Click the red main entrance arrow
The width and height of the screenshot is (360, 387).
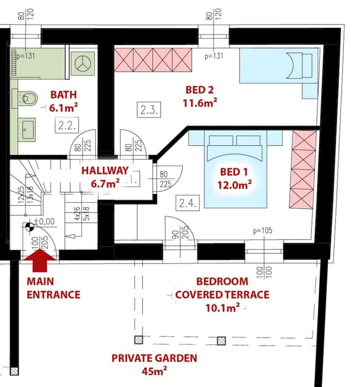[39, 261]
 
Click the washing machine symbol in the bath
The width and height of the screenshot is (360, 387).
[83, 63]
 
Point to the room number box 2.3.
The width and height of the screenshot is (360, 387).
[149, 110]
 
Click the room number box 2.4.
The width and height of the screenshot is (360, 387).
[188, 203]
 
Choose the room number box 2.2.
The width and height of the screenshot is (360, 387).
[67, 126]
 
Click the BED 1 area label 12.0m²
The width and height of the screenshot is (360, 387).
[235, 185]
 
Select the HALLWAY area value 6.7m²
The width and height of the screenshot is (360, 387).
[105, 183]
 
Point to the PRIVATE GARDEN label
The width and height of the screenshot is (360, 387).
[154, 358]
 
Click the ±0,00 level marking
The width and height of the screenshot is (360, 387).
[44, 221]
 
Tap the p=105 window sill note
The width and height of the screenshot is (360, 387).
[263, 230]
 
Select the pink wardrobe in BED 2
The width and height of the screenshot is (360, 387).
[153, 60]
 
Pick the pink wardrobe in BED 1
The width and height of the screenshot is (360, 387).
[303, 169]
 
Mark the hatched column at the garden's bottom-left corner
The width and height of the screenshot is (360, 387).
[14, 371]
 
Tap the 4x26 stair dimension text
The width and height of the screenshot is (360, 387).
[77, 214]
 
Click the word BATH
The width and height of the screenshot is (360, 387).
[63, 95]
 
